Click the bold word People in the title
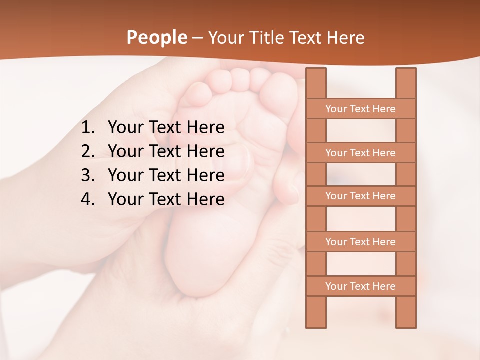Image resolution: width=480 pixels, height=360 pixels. coord(156,37)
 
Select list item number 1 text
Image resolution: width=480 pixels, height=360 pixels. coord(166,128)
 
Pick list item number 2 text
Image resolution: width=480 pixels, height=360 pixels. coord(166,151)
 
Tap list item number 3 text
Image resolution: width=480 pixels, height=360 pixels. coord(166,175)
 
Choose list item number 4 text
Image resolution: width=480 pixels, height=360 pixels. coord(166,199)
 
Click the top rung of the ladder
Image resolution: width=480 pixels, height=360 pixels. coord(360,109)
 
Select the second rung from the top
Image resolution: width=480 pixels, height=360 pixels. coord(360,153)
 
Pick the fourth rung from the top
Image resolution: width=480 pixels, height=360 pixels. coord(360,242)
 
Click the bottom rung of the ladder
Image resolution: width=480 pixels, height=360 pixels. coord(360,286)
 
